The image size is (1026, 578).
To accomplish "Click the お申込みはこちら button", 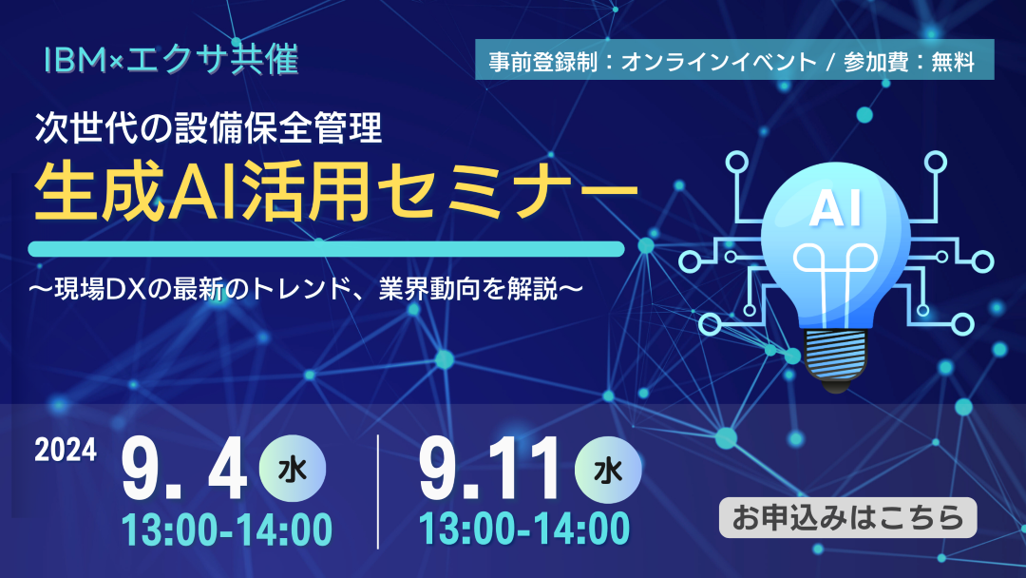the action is [x=847, y=518].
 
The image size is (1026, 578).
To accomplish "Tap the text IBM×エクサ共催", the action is [x=171, y=60].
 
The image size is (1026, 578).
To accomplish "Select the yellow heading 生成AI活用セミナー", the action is [x=335, y=192].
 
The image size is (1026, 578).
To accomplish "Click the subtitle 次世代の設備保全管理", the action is [x=209, y=127].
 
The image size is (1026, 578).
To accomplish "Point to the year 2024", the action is [x=66, y=451].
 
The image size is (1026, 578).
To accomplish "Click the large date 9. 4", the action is [x=184, y=470].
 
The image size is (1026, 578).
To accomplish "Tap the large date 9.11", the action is [x=489, y=470].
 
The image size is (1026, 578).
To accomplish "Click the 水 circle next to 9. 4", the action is [x=293, y=469].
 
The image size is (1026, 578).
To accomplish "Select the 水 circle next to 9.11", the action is [x=608, y=469].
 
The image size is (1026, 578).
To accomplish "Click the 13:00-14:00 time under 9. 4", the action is [x=227, y=530].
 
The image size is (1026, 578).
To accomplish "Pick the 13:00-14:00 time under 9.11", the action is [x=524, y=529].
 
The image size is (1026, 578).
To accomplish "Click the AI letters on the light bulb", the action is [x=836, y=209].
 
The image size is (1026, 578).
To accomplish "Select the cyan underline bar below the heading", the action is [x=326, y=249].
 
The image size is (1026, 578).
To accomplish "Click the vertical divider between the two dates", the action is [x=378, y=491].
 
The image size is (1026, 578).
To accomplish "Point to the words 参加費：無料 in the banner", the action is [x=909, y=62].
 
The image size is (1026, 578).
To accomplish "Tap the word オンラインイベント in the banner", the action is [x=718, y=62].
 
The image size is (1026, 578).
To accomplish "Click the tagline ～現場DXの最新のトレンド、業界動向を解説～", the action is [x=305, y=288].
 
